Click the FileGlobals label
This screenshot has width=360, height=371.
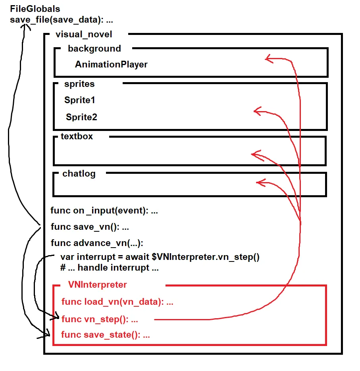pyautogui.click(x=35, y=8)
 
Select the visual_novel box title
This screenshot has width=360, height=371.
pyautogui.click(x=84, y=35)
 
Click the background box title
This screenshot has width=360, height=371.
pyautogui.click(x=94, y=49)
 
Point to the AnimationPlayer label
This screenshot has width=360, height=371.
pyautogui.click(x=111, y=65)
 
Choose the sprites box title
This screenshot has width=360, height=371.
pyautogui.click(x=79, y=84)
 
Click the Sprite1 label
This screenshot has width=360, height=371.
pyautogui.click(x=79, y=100)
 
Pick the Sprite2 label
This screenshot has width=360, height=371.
pyautogui.click(x=81, y=117)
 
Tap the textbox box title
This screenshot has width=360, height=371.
pyautogui.click(x=77, y=136)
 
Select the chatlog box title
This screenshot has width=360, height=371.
pyautogui.click(x=79, y=174)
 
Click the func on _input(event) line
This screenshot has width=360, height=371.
pyautogui.click(x=104, y=211)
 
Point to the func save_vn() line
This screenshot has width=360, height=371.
pyautogui.click(x=90, y=227)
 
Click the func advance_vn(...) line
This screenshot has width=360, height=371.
pyautogui.click(x=97, y=243)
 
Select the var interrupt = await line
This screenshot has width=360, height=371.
pyautogui.click(x=160, y=257)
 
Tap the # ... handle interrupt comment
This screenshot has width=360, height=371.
pyautogui.click(x=110, y=268)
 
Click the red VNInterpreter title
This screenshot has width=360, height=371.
pyautogui.click(x=97, y=284)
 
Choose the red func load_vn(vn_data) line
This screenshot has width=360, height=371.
pyautogui.click(x=117, y=302)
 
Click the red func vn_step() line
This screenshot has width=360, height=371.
pyautogui.click(x=100, y=319)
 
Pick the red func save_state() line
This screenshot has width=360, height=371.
pyautogui.click(x=106, y=335)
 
